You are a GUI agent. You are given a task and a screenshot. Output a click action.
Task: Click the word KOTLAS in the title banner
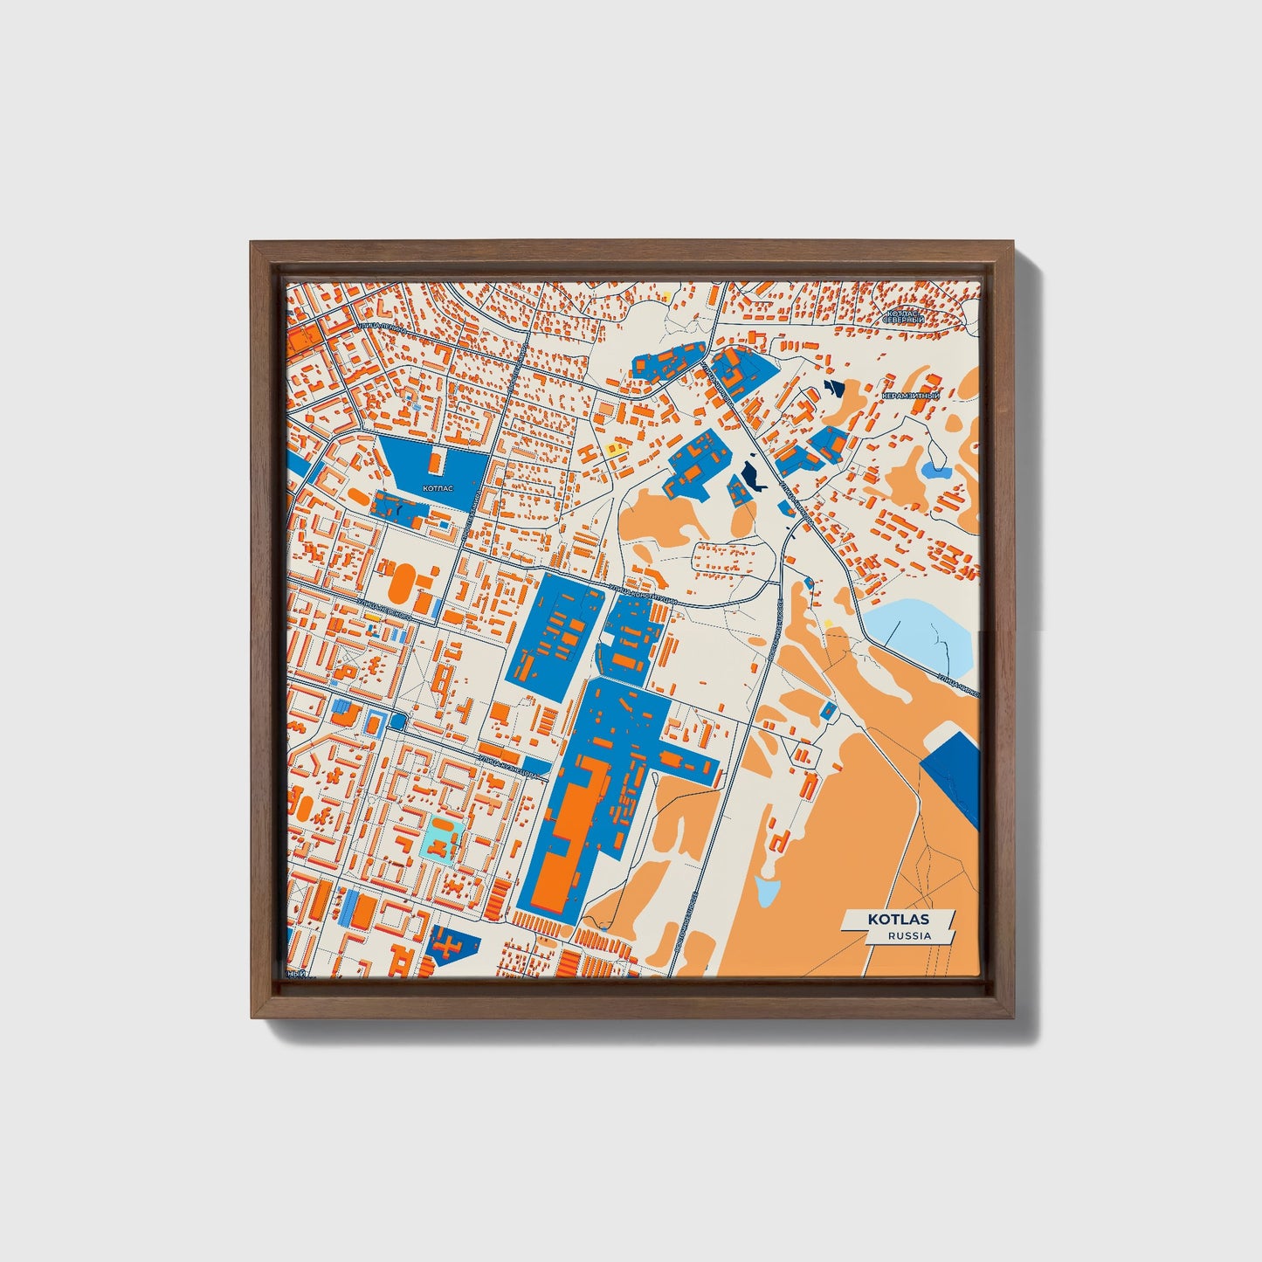pyautogui.click(x=898, y=919)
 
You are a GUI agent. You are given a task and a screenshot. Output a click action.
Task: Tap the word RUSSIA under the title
pyautogui.click(x=908, y=935)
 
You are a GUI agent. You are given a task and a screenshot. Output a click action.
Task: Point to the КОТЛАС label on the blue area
pyautogui.click(x=437, y=489)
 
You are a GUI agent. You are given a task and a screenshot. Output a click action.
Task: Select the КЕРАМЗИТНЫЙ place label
pyautogui.click(x=910, y=396)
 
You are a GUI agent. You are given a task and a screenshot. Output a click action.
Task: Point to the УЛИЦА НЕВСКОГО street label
pyautogui.click(x=385, y=610)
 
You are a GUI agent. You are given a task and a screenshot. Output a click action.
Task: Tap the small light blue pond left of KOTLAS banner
pyautogui.click(x=767, y=891)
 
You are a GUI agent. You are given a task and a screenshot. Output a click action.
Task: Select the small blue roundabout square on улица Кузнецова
pyautogui.click(x=399, y=721)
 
